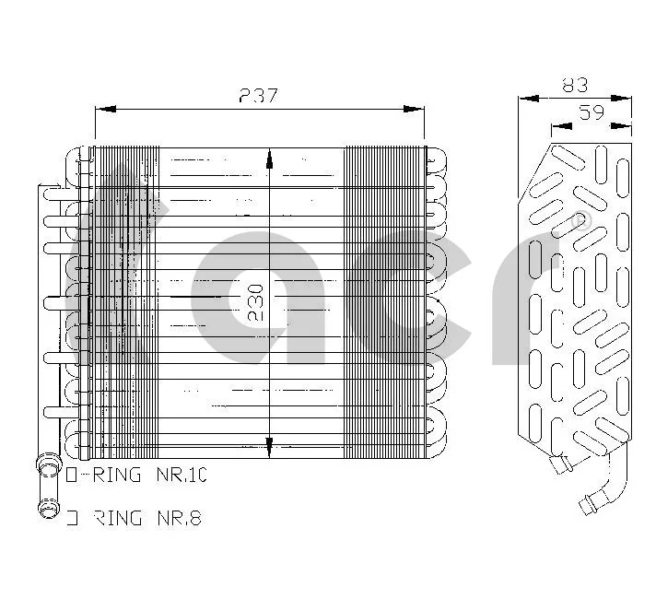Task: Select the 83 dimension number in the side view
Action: pyautogui.click(x=575, y=86)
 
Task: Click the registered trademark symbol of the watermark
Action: pyautogui.click(x=580, y=221)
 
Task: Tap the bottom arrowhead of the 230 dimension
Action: pyautogui.click(x=269, y=449)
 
